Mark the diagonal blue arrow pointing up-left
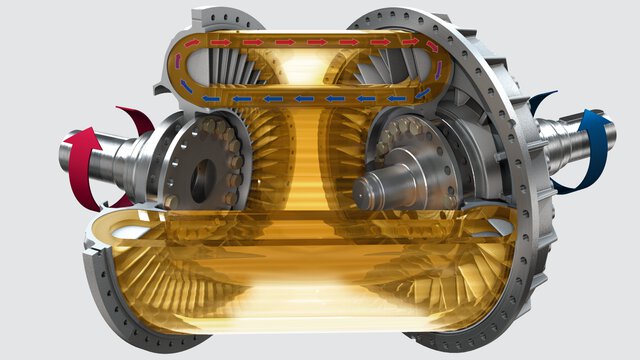(187, 87)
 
